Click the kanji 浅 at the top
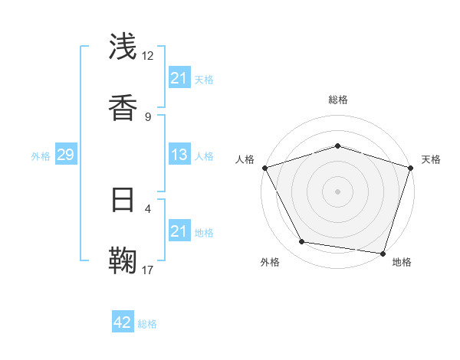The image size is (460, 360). click(x=123, y=47)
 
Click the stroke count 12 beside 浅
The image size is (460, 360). click(x=148, y=55)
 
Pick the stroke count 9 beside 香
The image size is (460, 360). click(x=148, y=116)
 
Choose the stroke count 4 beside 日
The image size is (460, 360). click(x=148, y=208)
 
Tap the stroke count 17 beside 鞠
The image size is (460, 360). click(x=148, y=270)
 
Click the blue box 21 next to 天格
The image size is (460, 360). click(x=179, y=78)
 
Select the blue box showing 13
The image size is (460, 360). click(x=179, y=155)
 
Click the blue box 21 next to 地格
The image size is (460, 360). click(x=179, y=231)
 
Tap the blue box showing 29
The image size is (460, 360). click(x=65, y=155)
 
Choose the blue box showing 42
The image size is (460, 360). click(x=123, y=322)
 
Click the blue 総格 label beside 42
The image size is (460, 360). click(x=147, y=324)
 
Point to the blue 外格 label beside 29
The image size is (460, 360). click(x=41, y=156)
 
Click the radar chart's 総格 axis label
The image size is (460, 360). click(x=338, y=100)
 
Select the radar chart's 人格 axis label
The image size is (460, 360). click(x=245, y=159)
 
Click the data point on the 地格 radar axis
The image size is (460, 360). click(x=382, y=253)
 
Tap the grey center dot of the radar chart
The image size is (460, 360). click(x=337, y=191)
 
